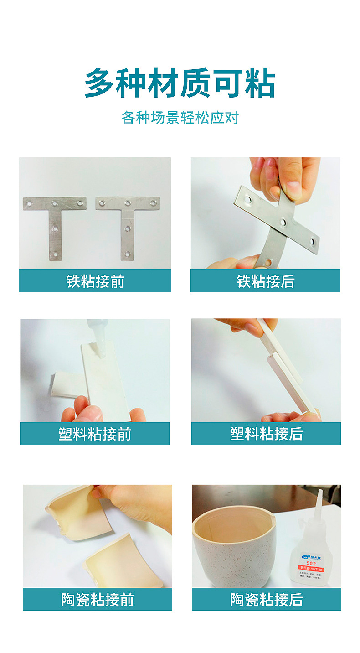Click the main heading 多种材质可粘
point(180,83)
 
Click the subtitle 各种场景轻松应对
point(180,118)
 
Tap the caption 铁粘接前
point(95,281)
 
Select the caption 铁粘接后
point(265,281)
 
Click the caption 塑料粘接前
point(95,434)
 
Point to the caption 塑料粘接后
point(266,434)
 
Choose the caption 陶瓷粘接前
point(98,600)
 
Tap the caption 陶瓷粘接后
point(266,600)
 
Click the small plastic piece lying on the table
point(64,384)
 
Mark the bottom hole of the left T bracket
point(55,254)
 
